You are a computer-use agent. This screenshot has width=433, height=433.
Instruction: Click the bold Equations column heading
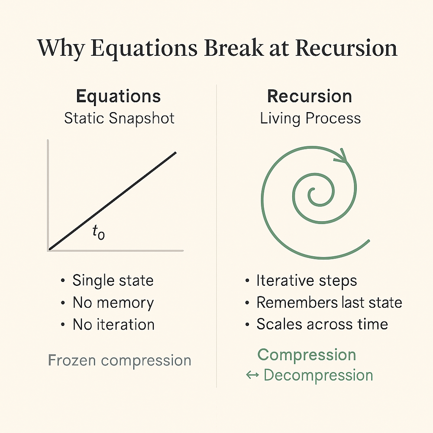click(118, 96)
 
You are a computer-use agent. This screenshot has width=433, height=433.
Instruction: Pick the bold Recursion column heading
click(310, 96)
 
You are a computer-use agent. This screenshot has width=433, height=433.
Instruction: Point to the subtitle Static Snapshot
click(119, 118)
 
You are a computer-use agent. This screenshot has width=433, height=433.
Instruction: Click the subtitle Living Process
click(310, 118)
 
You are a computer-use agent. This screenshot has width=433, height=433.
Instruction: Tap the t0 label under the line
click(98, 233)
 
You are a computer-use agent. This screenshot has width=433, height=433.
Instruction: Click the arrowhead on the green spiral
click(345, 155)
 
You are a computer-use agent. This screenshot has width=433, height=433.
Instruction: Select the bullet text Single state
click(113, 281)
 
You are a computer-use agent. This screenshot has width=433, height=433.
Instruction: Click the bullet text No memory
click(113, 303)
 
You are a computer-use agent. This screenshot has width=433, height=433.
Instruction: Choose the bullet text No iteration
click(113, 324)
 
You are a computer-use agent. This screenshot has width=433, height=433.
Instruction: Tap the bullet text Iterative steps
click(307, 281)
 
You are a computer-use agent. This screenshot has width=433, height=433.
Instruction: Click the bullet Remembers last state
click(329, 303)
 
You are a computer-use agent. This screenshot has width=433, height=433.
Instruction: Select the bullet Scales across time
click(322, 324)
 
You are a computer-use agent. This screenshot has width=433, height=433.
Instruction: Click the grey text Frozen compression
click(120, 360)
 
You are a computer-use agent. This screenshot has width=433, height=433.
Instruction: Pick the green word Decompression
click(318, 375)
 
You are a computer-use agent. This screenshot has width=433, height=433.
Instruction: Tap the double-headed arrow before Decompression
click(252, 375)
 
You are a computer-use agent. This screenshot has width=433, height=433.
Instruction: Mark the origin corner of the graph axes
click(49, 249)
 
